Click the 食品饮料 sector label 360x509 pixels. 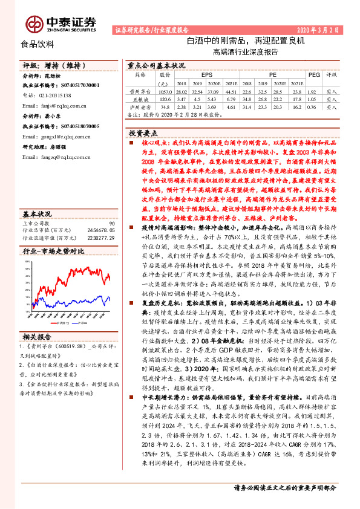tap(38, 44)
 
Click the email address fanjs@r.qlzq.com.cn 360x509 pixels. tap(59, 105)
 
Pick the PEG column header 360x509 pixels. tap(313, 76)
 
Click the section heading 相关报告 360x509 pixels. tap(38, 336)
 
